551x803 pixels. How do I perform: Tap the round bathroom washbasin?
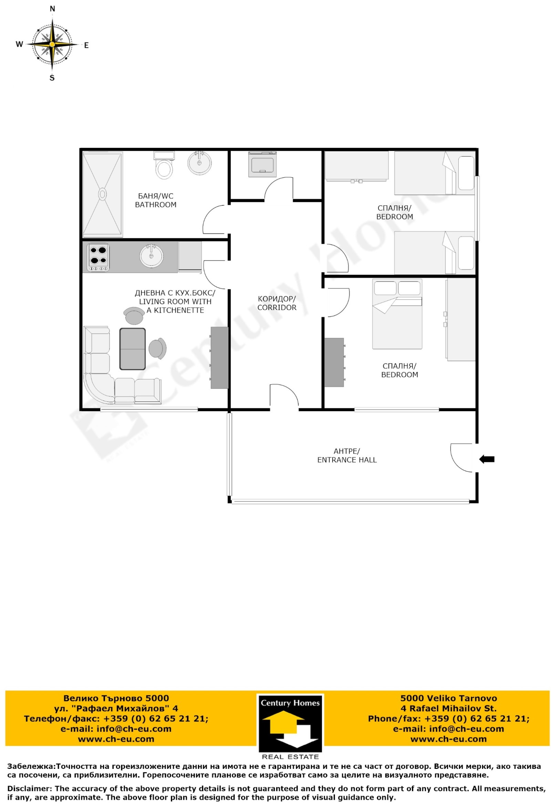[199, 162]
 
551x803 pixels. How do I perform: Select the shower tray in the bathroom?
[103, 194]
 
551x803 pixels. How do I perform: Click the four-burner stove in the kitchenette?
[98, 257]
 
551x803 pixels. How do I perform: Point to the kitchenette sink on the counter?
[151, 256]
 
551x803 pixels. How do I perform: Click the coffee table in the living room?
[133, 349]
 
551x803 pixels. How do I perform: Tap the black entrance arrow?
[487, 459]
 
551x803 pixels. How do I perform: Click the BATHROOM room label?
[156, 205]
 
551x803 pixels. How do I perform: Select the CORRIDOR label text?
[277, 307]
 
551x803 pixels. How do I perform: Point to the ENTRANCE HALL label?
[347, 460]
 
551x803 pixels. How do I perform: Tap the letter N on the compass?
[52, 9]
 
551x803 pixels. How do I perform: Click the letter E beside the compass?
[86, 45]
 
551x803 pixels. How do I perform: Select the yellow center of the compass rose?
[52, 44]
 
